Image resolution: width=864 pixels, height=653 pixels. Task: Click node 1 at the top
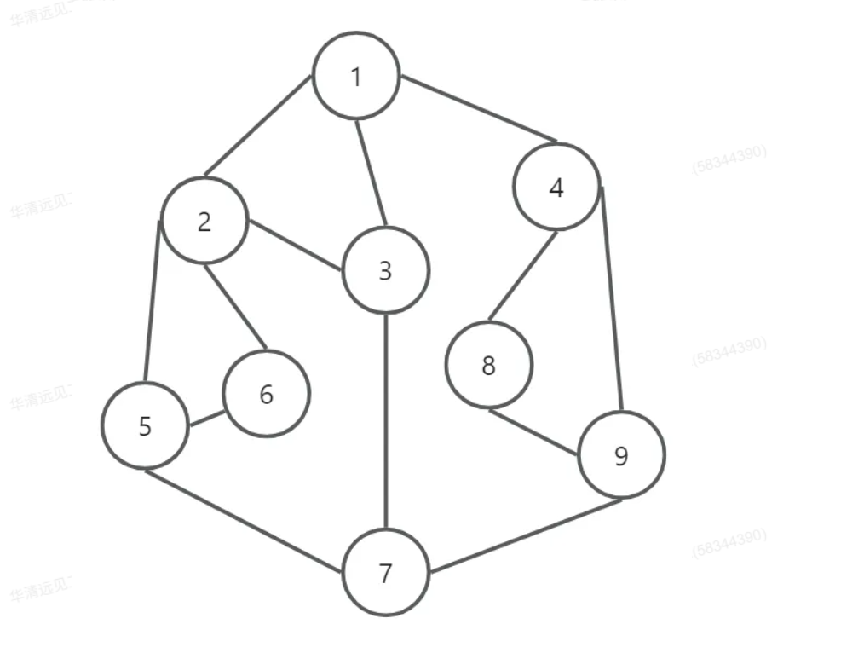point(356,76)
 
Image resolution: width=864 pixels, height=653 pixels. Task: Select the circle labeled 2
point(204,221)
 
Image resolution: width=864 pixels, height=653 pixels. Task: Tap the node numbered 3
point(385,271)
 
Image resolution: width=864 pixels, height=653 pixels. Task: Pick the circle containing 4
point(556,187)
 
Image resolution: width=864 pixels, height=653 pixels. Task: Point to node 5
point(145,425)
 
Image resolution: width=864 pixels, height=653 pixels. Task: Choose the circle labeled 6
point(266,394)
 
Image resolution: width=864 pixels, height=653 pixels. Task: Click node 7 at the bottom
point(386,573)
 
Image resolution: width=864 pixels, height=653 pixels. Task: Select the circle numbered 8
point(488,365)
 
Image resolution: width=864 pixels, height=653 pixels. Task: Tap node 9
point(621,455)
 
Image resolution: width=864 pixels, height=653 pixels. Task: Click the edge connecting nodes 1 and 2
point(256,126)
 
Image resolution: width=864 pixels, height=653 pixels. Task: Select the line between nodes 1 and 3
point(371,174)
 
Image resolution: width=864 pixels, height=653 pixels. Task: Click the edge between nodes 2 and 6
point(235,308)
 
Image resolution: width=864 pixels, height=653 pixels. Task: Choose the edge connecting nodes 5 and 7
point(244,521)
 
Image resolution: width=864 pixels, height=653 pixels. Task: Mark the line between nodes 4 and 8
point(522,276)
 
